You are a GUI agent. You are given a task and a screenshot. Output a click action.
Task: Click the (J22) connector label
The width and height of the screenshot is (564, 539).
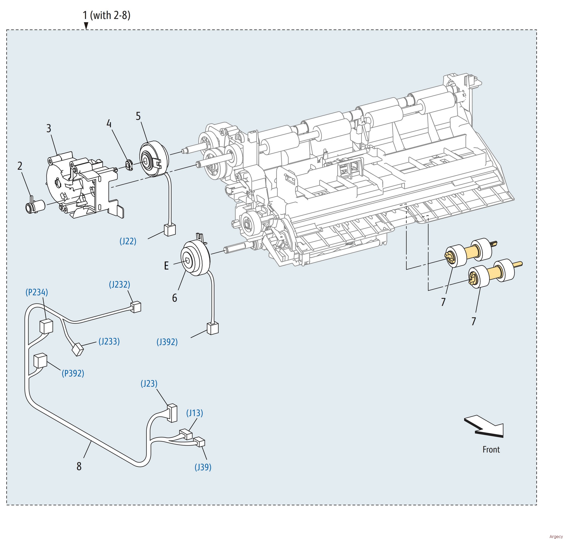click(128, 241)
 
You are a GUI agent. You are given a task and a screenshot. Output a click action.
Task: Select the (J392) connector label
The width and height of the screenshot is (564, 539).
click(167, 342)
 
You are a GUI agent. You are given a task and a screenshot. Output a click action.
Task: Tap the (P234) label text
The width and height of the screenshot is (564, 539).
click(36, 292)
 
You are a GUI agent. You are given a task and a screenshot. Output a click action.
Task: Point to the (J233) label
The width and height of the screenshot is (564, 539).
click(109, 341)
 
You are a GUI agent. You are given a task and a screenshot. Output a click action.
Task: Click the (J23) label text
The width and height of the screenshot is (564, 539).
click(149, 384)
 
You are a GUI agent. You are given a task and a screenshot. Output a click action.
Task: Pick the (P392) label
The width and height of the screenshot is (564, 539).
click(73, 373)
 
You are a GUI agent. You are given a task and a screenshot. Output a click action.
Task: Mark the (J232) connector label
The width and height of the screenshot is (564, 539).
click(119, 284)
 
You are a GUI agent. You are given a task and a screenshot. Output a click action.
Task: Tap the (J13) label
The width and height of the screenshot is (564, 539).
click(194, 413)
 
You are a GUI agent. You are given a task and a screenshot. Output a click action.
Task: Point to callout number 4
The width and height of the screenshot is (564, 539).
click(109, 124)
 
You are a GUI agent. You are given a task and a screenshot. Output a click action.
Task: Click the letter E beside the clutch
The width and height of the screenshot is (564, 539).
click(166, 266)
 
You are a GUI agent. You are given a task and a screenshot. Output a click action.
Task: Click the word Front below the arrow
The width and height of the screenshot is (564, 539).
click(491, 449)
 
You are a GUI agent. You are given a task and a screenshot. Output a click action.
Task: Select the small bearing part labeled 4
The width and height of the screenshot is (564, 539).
click(129, 166)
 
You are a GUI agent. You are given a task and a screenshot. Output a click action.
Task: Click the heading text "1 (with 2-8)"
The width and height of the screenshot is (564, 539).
click(107, 15)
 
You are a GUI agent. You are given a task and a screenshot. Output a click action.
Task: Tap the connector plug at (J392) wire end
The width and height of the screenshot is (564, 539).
click(212, 328)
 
